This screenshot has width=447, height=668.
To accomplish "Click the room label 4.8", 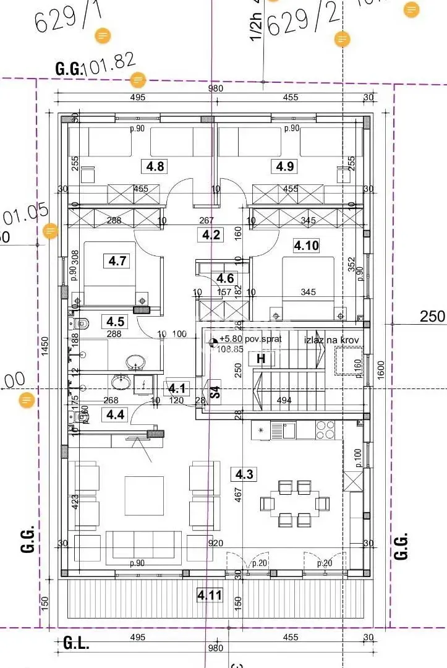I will tap(155, 166).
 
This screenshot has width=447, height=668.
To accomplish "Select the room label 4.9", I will tap(285, 166).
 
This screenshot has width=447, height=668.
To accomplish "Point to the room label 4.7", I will tap(117, 261).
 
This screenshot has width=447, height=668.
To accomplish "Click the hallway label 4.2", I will tap(211, 234).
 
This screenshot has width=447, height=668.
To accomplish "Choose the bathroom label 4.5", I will tap(115, 322).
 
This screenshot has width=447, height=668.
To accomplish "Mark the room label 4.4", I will tap(115, 414).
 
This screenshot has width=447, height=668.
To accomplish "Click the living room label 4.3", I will tap(242, 474).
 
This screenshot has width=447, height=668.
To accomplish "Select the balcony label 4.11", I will tap(210, 596).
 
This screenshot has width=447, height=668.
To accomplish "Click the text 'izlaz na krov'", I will tap(331, 340).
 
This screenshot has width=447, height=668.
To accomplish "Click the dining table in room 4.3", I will tap(294, 503).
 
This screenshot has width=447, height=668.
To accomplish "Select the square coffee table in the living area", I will tap(144, 495).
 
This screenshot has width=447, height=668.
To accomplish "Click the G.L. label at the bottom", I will tap(76, 643).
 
